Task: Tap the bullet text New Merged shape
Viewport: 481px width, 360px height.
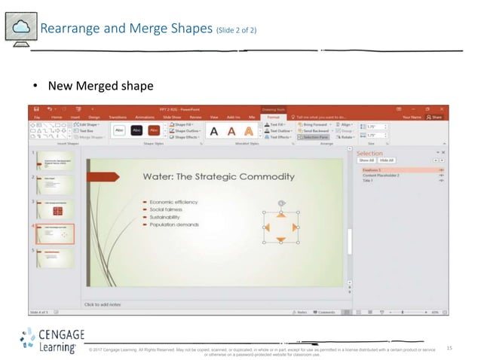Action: pyautogui.click(x=101, y=86)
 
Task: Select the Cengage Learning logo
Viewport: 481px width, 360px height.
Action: pyautogui.click(x=51, y=340)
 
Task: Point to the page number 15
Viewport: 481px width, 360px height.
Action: pyautogui.click(x=449, y=347)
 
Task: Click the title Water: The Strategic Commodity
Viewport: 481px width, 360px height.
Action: pyautogui.click(x=218, y=176)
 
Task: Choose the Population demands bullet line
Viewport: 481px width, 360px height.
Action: pyautogui.click(x=173, y=224)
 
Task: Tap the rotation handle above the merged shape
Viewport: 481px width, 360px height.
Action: pyautogui.click(x=280, y=203)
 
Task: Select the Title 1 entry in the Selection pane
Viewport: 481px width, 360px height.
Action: pyautogui.click(x=369, y=181)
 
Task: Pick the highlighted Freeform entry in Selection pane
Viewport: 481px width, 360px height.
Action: pyautogui.click(x=372, y=170)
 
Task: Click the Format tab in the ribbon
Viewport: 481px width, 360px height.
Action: pyautogui.click(x=273, y=117)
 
